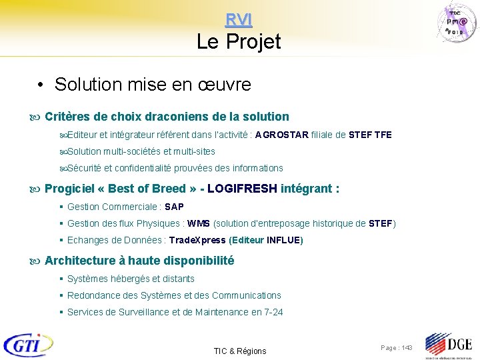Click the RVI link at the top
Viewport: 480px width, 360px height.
(x=239, y=20)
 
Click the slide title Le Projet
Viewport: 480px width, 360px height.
(x=239, y=42)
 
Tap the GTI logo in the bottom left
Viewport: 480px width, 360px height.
(x=28, y=345)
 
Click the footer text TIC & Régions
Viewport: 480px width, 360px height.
(x=239, y=351)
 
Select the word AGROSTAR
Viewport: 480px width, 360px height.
(x=281, y=135)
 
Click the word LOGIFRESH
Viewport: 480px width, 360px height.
(x=242, y=189)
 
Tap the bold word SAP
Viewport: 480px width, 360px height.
(x=174, y=207)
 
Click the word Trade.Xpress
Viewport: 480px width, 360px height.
(x=197, y=240)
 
